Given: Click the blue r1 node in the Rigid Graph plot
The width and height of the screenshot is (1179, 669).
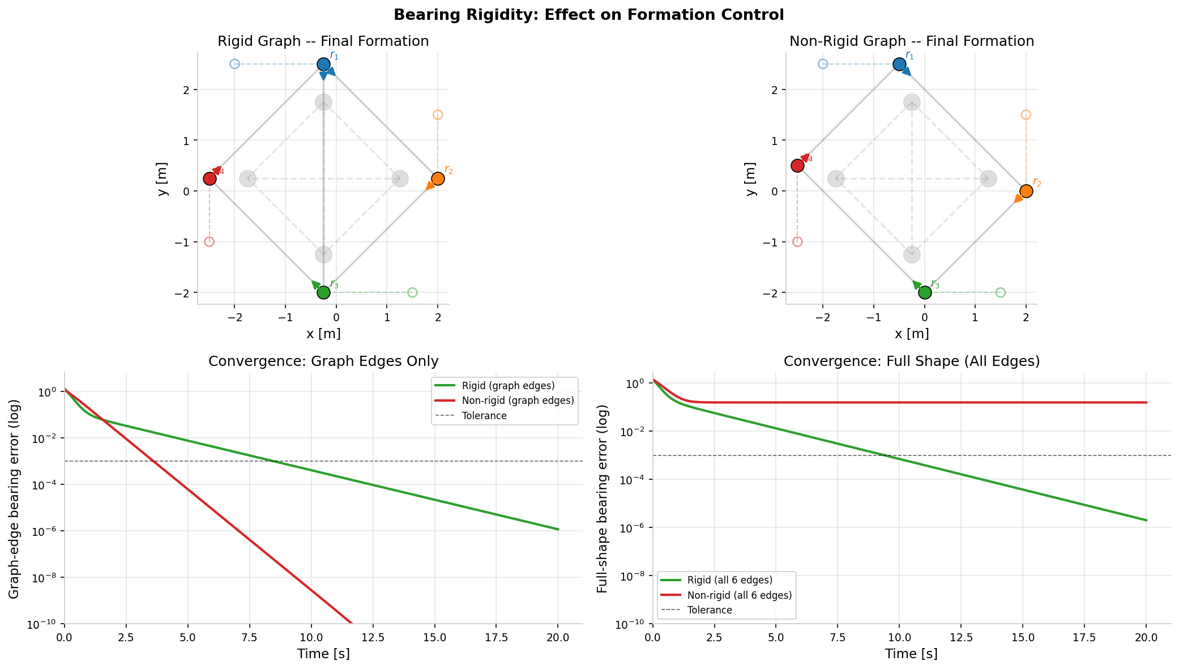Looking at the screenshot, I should click(x=323, y=64).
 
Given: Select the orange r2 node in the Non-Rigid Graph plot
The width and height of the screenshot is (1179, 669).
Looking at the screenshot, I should click(x=1026, y=191).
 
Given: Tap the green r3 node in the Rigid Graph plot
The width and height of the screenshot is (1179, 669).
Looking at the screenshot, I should click(x=323, y=292).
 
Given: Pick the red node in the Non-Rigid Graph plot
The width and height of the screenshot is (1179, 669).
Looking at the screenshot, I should click(x=797, y=165).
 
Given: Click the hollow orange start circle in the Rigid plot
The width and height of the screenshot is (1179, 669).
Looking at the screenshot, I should click(x=438, y=115).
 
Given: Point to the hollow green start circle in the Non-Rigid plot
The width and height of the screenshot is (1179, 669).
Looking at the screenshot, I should click(x=1001, y=292).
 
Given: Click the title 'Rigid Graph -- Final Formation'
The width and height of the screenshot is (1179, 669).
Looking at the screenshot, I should click(x=323, y=41).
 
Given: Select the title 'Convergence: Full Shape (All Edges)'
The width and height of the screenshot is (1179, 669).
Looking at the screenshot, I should click(x=911, y=361).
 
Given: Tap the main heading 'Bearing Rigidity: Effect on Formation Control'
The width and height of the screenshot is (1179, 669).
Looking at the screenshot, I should click(x=589, y=15).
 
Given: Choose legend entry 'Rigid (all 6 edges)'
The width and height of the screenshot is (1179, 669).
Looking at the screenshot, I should click(x=730, y=580).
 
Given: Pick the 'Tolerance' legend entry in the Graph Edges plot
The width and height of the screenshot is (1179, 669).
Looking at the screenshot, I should click(x=484, y=416).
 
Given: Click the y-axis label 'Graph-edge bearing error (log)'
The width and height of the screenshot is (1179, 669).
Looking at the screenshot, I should click(x=14, y=498).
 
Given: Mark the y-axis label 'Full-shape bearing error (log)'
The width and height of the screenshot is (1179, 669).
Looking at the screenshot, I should click(x=603, y=498).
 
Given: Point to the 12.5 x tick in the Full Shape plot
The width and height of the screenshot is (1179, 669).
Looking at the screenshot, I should click(x=961, y=637).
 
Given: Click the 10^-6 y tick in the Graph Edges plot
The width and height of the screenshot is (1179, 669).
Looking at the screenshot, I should click(x=48, y=531).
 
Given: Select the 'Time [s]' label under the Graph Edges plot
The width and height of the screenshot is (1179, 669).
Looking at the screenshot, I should click(x=323, y=654).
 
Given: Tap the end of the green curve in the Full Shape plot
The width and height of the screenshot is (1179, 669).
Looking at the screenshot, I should click(x=1146, y=520).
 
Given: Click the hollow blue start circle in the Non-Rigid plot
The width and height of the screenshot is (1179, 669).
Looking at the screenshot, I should click(x=823, y=64).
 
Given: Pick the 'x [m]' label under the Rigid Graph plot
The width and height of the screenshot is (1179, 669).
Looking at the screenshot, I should click(x=323, y=334).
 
